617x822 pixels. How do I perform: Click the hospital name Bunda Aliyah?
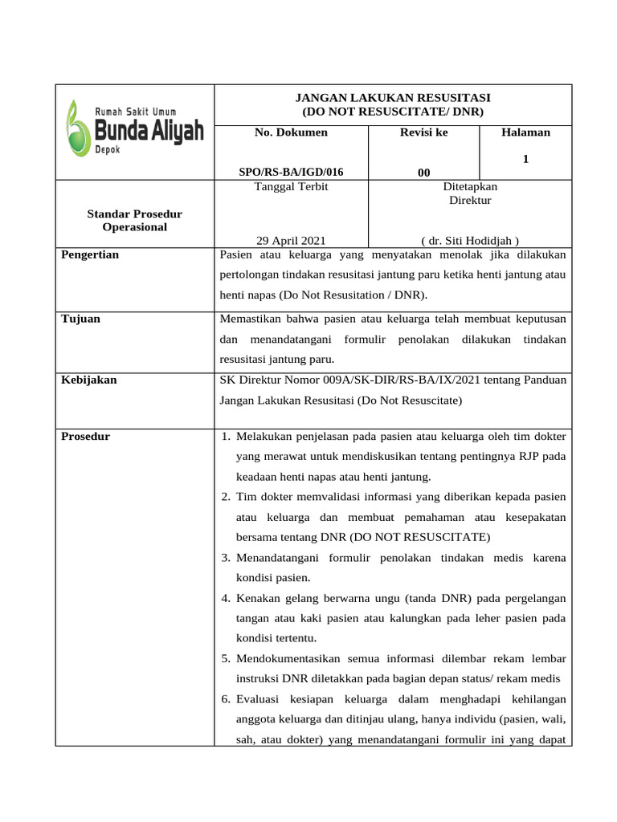point(149,131)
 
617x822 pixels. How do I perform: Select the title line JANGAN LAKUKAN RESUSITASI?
point(393,97)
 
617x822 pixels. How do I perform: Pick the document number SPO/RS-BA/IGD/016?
point(291,172)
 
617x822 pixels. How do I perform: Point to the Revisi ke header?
point(423,132)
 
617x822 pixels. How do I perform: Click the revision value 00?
point(423,173)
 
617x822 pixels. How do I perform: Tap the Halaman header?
point(525,132)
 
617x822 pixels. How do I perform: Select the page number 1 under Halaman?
point(525,160)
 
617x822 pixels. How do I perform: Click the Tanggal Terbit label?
point(291,186)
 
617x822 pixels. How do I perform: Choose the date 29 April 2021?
point(291,240)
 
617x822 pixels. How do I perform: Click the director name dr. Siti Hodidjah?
point(470,240)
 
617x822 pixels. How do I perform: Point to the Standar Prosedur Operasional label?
point(134,221)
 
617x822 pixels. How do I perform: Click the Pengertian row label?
point(90,254)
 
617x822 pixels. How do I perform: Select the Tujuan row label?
point(80,319)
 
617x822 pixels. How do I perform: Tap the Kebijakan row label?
point(88,380)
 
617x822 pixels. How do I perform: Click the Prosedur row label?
point(85,437)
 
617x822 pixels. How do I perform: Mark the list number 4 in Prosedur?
point(227,598)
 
